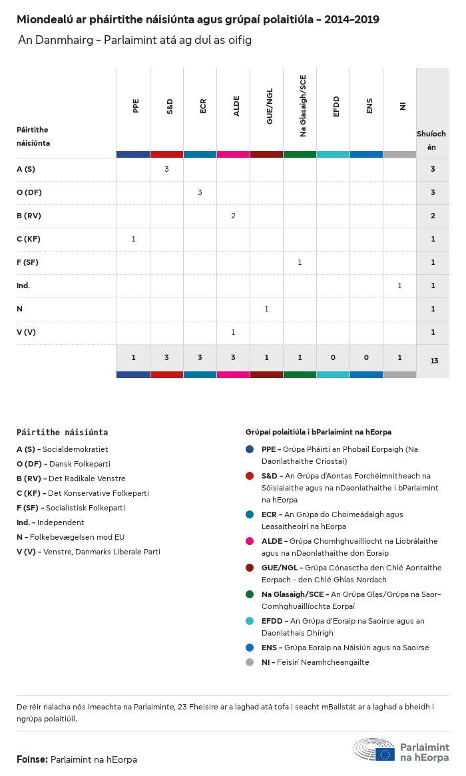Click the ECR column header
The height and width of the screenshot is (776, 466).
pos(203,106)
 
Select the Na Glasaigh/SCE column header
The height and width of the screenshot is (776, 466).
pos(303,106)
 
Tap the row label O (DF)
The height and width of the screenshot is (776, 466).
pos(29,192)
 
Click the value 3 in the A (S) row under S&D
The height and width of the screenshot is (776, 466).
pos(166,169)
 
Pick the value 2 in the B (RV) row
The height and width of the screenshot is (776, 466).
pos(233,216)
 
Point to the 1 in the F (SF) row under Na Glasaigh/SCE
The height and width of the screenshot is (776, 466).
pos(300,262)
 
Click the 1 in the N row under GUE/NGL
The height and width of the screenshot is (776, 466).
pos(266,309)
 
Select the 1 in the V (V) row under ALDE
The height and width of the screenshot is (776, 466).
pos(233,332)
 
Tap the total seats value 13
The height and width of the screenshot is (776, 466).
pos(434,361)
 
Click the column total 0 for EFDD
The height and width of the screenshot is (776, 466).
pos(333,358)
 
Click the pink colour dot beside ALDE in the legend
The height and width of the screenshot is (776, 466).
pos(250,541)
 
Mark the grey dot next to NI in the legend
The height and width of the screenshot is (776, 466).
pos(250,662)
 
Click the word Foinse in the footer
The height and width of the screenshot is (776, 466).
pos(31,759)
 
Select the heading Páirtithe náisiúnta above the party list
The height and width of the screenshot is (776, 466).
pos(62,433)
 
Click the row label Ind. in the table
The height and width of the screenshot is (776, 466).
pos(23,286)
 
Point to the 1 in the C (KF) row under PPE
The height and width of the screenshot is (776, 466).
pos(133,239)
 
